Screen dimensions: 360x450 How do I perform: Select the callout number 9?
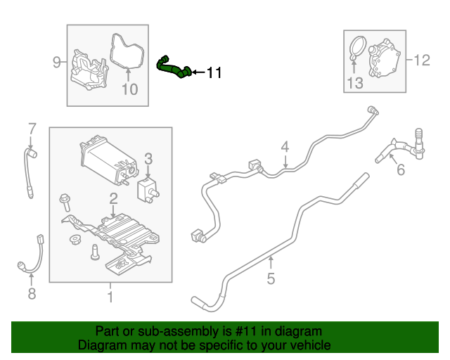point(57,63)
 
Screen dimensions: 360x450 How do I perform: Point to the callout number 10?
point(129,89)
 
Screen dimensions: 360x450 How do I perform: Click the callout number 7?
point(31,128)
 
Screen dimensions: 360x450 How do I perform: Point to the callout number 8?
point(31,294)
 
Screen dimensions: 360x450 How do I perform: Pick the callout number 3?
point(148,158)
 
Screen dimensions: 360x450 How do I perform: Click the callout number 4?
point(285,147)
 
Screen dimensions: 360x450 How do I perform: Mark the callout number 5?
point(271,279)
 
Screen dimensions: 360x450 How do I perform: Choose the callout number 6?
point(401,169)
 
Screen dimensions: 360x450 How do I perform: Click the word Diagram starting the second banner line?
point(100,345)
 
